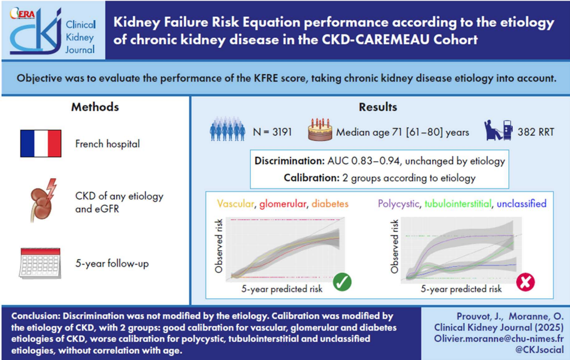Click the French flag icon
pyautogui.click(x=41, y=143)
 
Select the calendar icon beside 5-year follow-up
pyautogui.click(x=40, y=263)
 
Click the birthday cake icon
pyautogui.click(x=320, y=130)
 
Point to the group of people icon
pyautogui.click(x=227, y=131)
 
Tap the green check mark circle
pyautogui.click(x=341, y=281)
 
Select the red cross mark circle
pyautogui.click(x=526, y=281)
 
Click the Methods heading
pyautogui.click(x=95, y=106)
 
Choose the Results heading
pyautogui.click(x=378, y=106)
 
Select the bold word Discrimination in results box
pyautogui.click(x=290, y=161)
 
